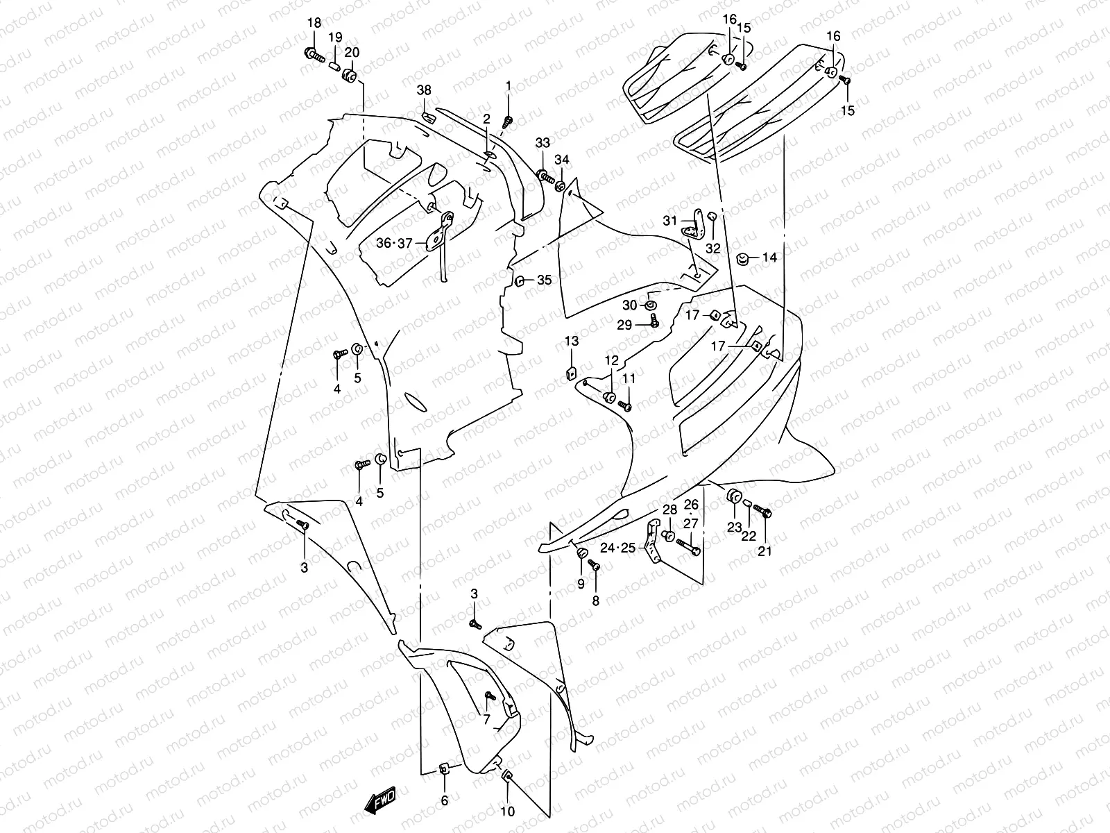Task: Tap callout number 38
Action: click(423, 90)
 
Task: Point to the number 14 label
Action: click(769, 258)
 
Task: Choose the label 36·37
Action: click(394, 243)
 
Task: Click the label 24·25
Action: click(617, 548)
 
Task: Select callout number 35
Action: click(545, 280)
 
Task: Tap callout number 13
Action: click(571, 341)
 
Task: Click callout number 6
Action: click(445, 800)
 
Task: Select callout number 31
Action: click(669, 221)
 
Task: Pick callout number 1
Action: click(508, 86)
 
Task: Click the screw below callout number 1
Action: click(507, 122)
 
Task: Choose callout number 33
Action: click(543, 143)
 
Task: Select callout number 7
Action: click(486, 718)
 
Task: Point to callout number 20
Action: click(352, 53)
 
